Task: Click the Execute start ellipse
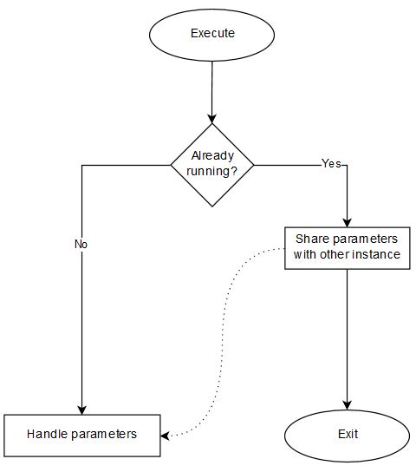point(212,35)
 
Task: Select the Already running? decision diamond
point(212,165)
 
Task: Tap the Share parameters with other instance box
point(348,248)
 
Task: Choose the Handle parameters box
point(82,436)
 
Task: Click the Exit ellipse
point(348,436)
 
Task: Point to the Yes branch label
point(332,163)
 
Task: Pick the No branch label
point(81,244)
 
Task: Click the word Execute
point(212,33)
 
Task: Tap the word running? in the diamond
point(212,171)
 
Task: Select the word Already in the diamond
point(212,156)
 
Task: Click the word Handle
point(48,434)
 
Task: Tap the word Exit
point(348,434)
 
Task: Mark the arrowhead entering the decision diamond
point(212,119)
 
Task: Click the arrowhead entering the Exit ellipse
point(348,405)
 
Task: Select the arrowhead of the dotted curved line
point(165,436)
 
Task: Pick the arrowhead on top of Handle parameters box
point(82,410)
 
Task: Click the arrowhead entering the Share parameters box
point(348,223)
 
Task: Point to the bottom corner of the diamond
point(212,206)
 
